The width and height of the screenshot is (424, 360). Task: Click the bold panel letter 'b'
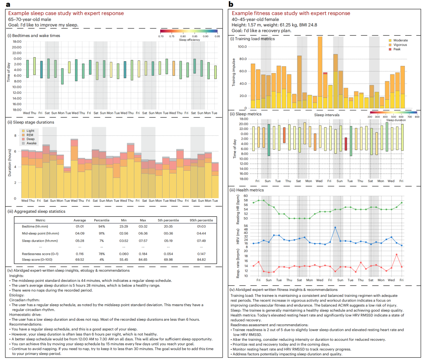tap(231, 4)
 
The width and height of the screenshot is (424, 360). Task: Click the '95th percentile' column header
tap(201, 220)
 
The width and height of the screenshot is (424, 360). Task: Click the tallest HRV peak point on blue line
tap(335, 227)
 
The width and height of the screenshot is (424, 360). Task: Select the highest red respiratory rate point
tap(397, 254)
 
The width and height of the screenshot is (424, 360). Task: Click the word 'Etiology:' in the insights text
tap(19, 295)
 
